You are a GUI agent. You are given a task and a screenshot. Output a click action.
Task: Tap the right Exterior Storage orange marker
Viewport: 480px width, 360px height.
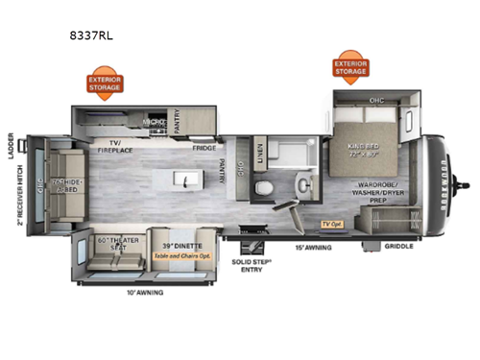point(350,67)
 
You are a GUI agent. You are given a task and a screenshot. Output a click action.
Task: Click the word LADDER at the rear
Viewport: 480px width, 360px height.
point(12,143)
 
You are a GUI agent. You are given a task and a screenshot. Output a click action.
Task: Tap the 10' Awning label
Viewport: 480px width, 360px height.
point(143,291)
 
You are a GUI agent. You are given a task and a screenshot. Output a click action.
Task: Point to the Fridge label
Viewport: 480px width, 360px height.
point(204,147)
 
